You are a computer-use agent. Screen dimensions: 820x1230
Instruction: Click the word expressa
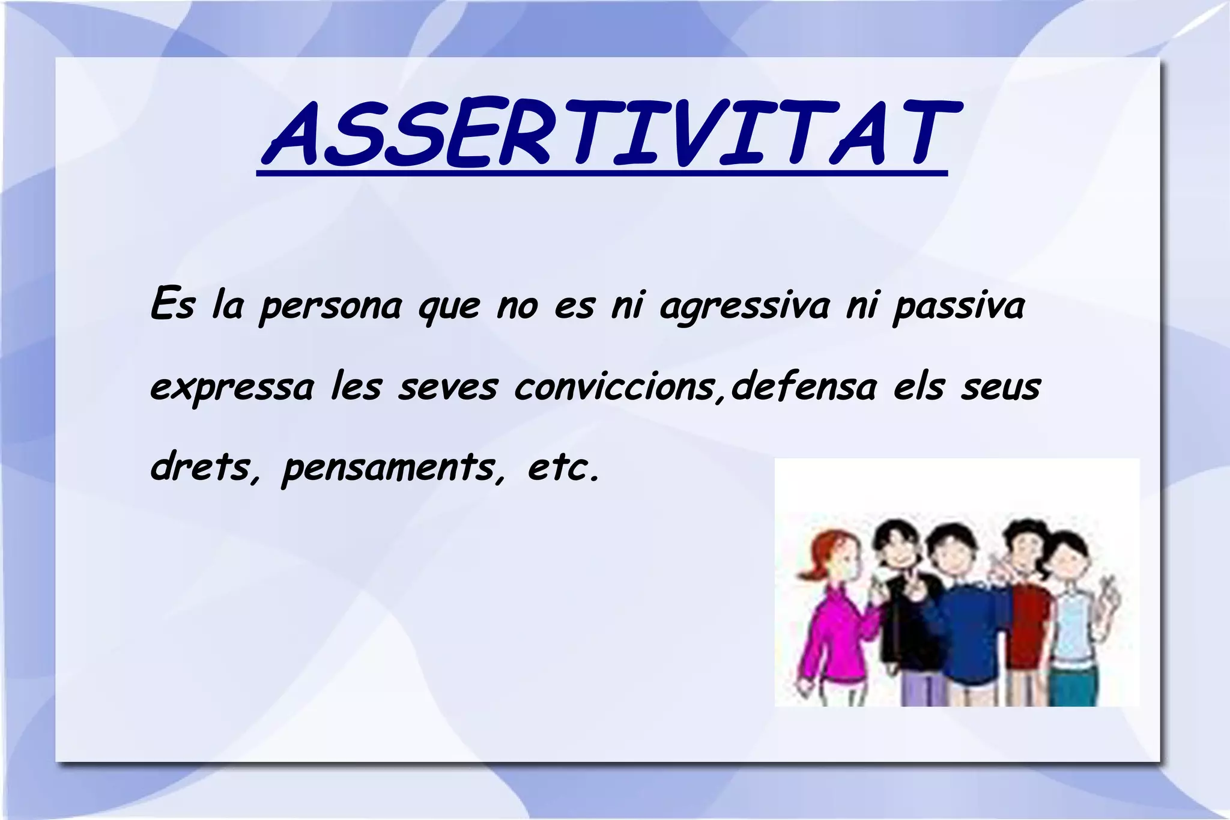pyautogui.click(x=232, y=388)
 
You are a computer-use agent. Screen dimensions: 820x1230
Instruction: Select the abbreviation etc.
pyautogui.click(x=562, y=467)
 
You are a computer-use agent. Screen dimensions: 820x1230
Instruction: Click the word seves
pyautogui.click(x=448, y=388)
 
